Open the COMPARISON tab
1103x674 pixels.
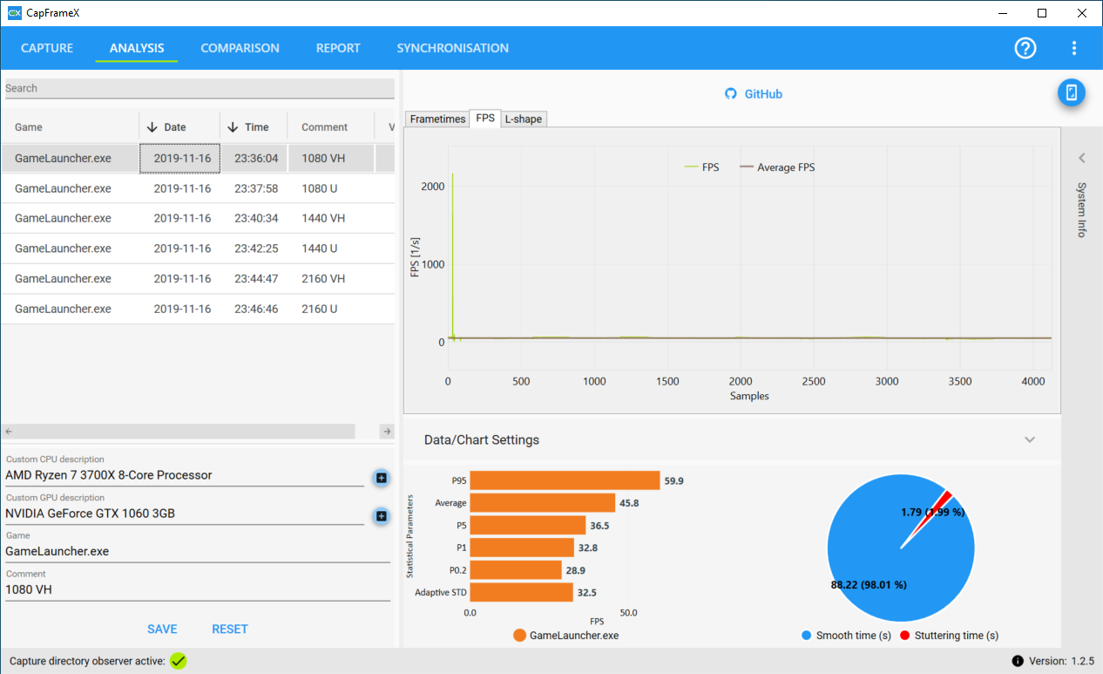[x=240, y=48]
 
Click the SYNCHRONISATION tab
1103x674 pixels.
[x=452, y=48]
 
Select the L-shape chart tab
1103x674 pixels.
[x=524, y=119]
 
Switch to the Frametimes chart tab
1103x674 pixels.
[x=437, y=119]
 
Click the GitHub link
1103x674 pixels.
[x=754, y=93]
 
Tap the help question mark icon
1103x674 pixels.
[x=1025, y=48]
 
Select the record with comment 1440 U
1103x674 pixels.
[x=198, y=248]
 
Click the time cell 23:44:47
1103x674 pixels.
[x=256, y=278]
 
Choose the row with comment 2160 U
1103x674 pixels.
[x=198, y=309]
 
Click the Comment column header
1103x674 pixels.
[x=324, y=127]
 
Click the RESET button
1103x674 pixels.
[x=230, y=630]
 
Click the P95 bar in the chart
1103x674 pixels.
[x=565, y=480]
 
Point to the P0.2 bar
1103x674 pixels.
[x=516, y=570]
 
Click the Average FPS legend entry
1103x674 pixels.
[x=777, y=167]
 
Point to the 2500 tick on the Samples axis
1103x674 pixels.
[x=814, y=381]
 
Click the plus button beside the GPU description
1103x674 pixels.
[x=381, y=516]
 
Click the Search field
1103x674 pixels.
[x=200, y=88]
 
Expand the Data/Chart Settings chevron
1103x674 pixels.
[x=1030, y=439]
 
